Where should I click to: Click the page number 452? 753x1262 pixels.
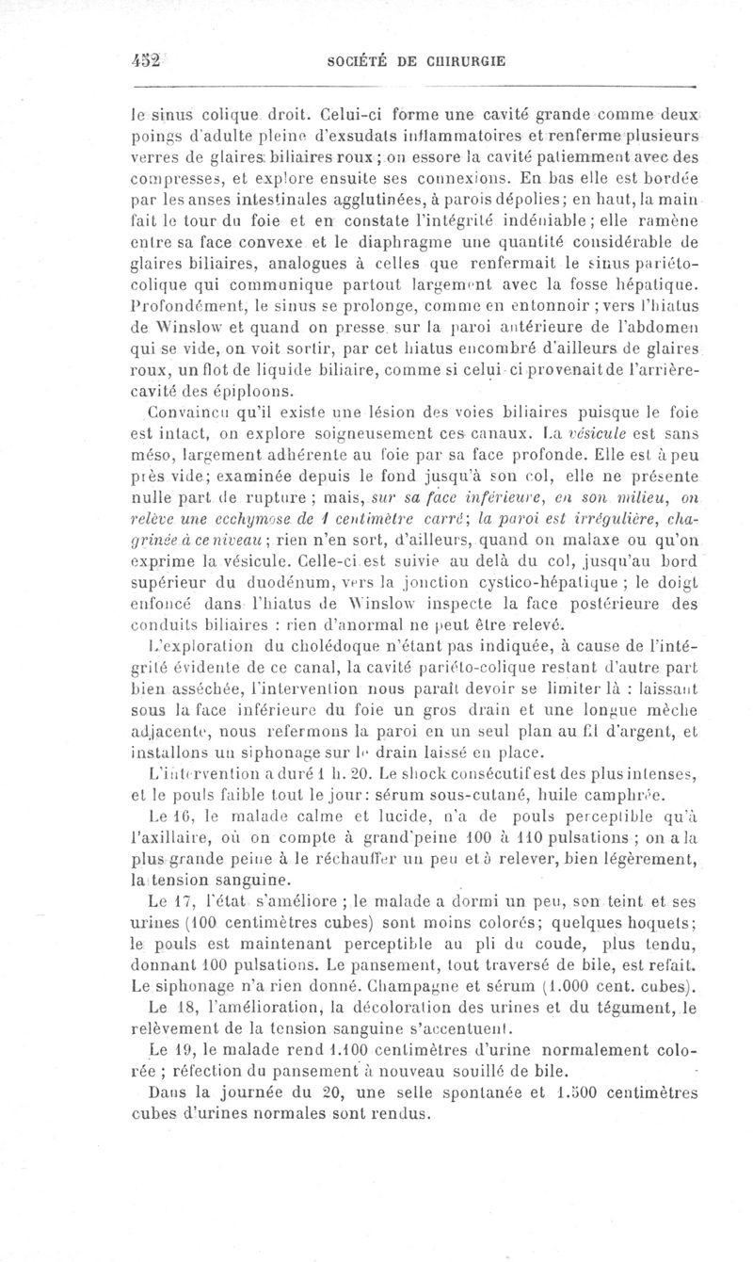148,59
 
